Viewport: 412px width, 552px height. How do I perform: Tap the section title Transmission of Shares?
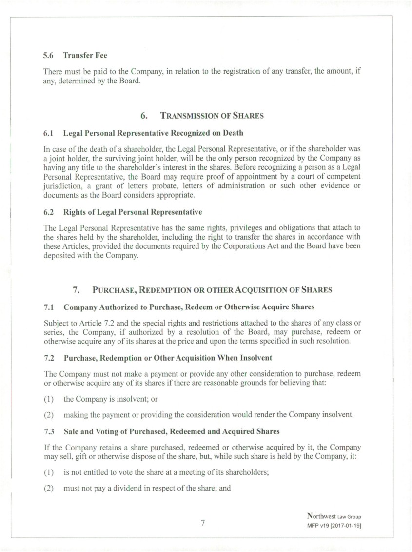tap(212, 116)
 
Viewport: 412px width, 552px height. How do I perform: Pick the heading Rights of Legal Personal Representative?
tap(133, 212)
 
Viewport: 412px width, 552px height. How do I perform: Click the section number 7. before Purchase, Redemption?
tap(77, 290)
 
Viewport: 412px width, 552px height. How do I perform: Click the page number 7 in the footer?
tap(203, 523)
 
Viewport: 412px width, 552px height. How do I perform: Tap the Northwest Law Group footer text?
tap(334, 516)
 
